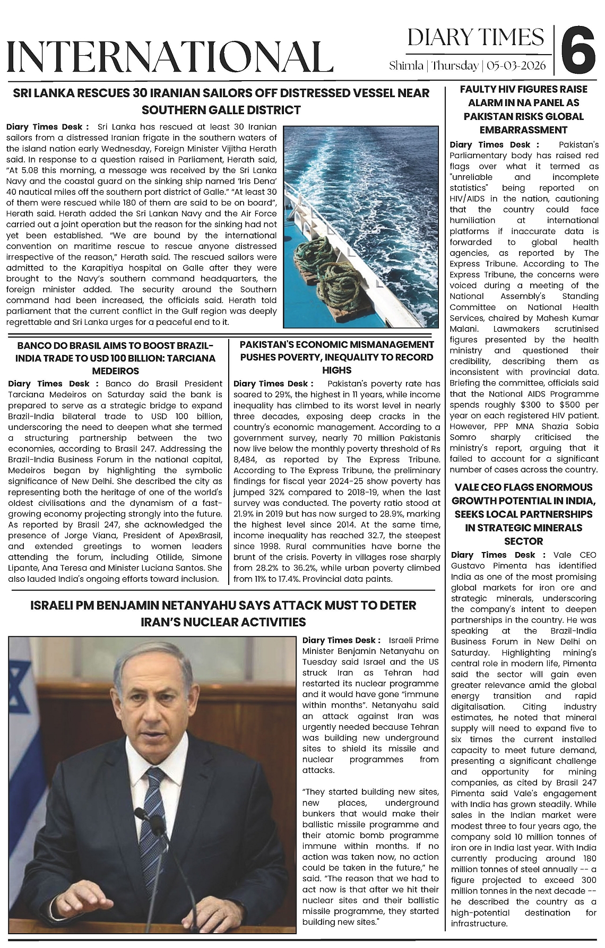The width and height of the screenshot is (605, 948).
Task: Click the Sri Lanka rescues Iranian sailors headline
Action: [221, 101]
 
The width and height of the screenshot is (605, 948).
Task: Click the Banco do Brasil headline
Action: [115, 358]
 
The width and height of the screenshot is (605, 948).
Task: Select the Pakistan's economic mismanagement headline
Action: [337, 357]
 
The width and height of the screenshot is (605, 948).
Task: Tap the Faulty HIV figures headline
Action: [523, 109]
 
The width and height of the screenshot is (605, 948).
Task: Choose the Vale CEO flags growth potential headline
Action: [523, 514]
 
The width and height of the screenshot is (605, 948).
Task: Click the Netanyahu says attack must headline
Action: [223, 614]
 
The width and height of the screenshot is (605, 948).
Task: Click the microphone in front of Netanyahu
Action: [180, 871]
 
